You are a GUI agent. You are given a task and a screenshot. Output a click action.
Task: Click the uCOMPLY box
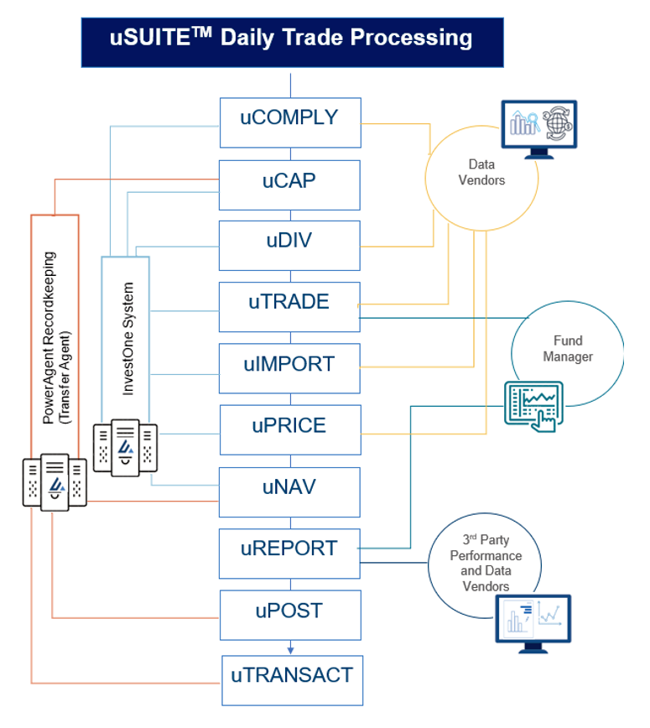pos(290,122)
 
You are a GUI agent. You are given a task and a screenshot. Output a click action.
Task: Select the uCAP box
pos(289,185)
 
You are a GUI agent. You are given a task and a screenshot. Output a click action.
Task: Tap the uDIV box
pos(289,246)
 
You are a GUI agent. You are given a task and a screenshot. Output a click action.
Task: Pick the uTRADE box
pos(289,307)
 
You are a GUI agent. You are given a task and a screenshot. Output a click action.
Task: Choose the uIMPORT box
pos(289,368)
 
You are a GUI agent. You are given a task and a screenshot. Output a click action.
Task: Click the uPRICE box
pos(290,430)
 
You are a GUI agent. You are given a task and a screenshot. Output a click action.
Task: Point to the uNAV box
pos(289,492)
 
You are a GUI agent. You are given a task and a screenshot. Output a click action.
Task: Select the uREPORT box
pos(289,554)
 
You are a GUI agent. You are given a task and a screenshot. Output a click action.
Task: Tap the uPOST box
pos(290,615)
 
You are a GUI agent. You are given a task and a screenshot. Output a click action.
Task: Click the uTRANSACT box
pos(292,681)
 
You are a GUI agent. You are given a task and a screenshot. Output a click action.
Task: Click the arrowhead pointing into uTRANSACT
pos(291,651)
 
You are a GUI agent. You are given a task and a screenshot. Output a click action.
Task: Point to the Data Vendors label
pos(481,172)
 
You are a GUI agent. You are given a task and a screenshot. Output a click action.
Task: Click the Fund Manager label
pos(568,349)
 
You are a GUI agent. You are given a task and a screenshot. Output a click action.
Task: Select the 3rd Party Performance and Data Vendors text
pos(486,563)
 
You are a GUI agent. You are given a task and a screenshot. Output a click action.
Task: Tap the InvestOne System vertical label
pos(127,339)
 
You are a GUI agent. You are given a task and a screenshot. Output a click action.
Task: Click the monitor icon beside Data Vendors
pos(539,129)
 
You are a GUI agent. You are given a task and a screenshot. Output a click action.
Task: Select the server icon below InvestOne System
pos(125,448)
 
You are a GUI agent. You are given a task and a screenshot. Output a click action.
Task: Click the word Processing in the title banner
pos(411,38)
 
